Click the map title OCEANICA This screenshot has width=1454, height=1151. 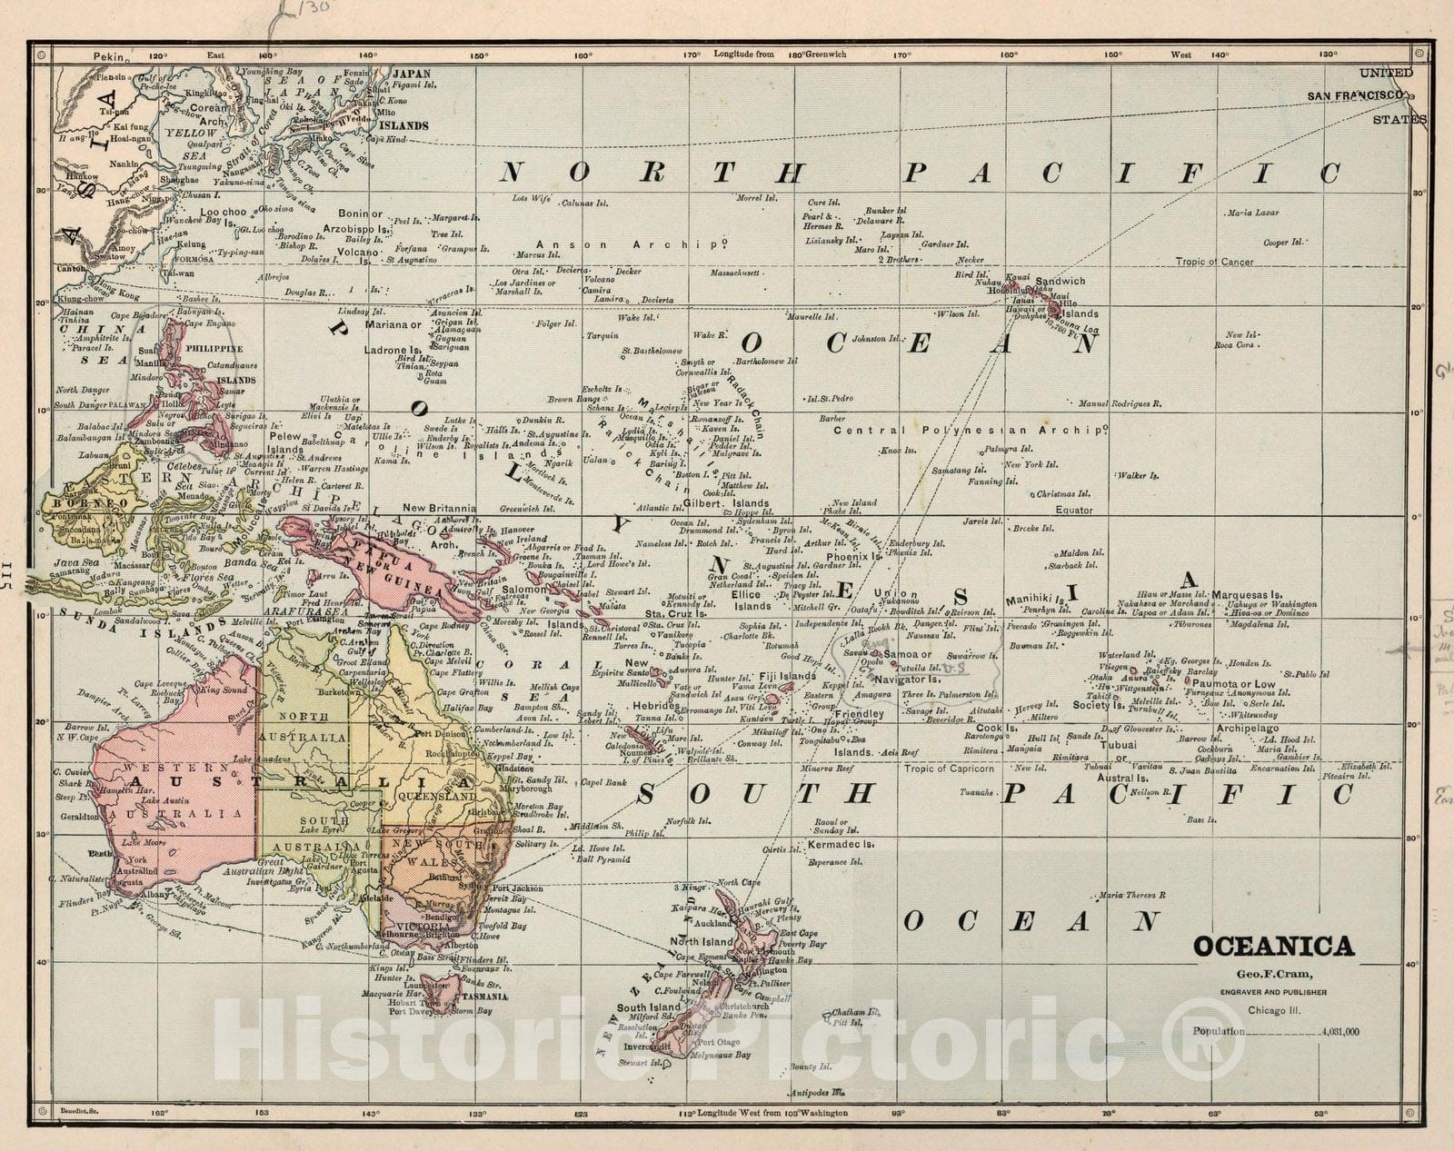tap(1272, 947)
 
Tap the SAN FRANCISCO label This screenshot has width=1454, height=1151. tap(1358, 95)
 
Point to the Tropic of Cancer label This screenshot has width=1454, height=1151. tap(1214, 262)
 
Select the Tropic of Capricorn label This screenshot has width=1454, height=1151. tap(948, 769)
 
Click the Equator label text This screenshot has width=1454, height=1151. tap(1073, 510)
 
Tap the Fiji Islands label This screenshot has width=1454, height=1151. tap(786, 677)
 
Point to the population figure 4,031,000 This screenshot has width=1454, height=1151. tap(1341, 1031)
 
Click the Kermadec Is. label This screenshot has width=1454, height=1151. tap(841, 844)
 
